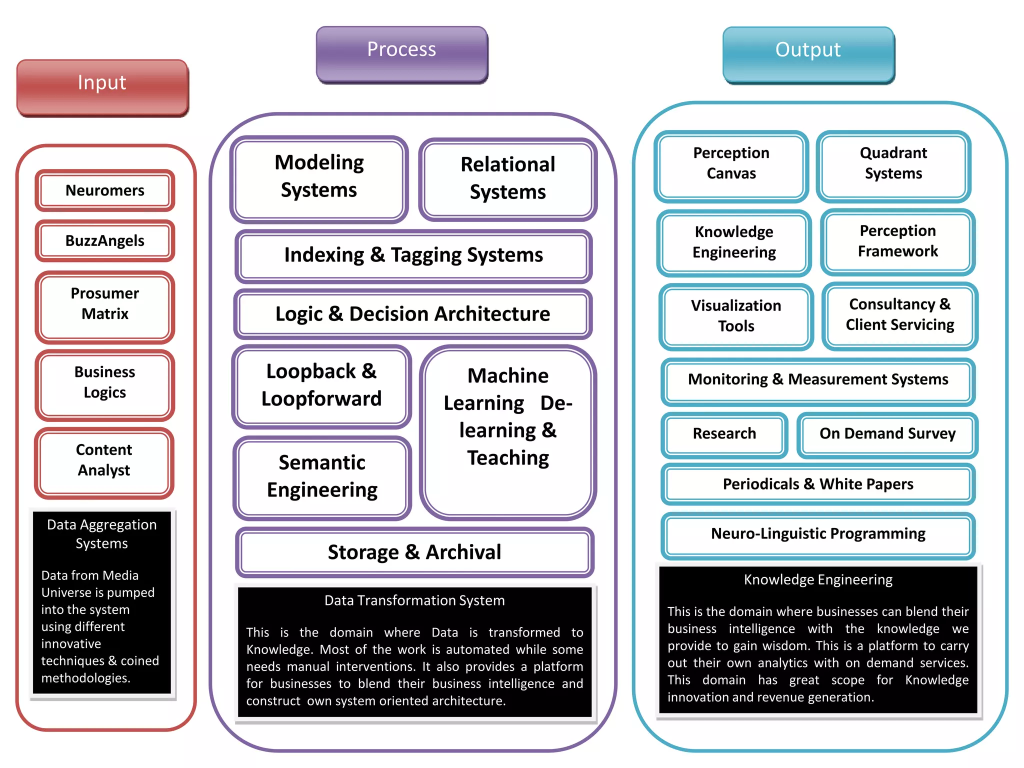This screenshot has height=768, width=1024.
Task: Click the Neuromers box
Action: [x=104, y=190]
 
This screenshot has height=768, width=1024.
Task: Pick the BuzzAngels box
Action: [x=104, y=240]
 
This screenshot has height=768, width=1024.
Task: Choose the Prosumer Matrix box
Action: [x=104, y=304]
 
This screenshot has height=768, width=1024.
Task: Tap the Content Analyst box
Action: [x=104, y=460]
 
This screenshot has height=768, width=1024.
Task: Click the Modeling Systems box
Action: [x=319, y=177]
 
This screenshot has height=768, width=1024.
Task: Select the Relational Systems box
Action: [x=507, y=178]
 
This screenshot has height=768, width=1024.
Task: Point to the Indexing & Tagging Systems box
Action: [x=413, y=255]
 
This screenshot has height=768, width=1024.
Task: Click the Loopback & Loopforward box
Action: [x=321, y=385]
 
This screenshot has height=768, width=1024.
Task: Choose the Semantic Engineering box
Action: [x=322, y=476]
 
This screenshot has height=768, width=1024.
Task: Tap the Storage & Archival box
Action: [x=414, y=552]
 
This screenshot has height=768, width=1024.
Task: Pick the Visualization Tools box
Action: [x=736, y=316]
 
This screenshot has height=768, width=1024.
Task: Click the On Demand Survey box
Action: [x=887, y=433]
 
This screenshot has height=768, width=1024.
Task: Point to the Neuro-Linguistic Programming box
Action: [x=818, y=534]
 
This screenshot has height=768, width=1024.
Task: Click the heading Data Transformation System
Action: [x=414, y=600]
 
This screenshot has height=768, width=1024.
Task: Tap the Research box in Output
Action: [x=724, y=433]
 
